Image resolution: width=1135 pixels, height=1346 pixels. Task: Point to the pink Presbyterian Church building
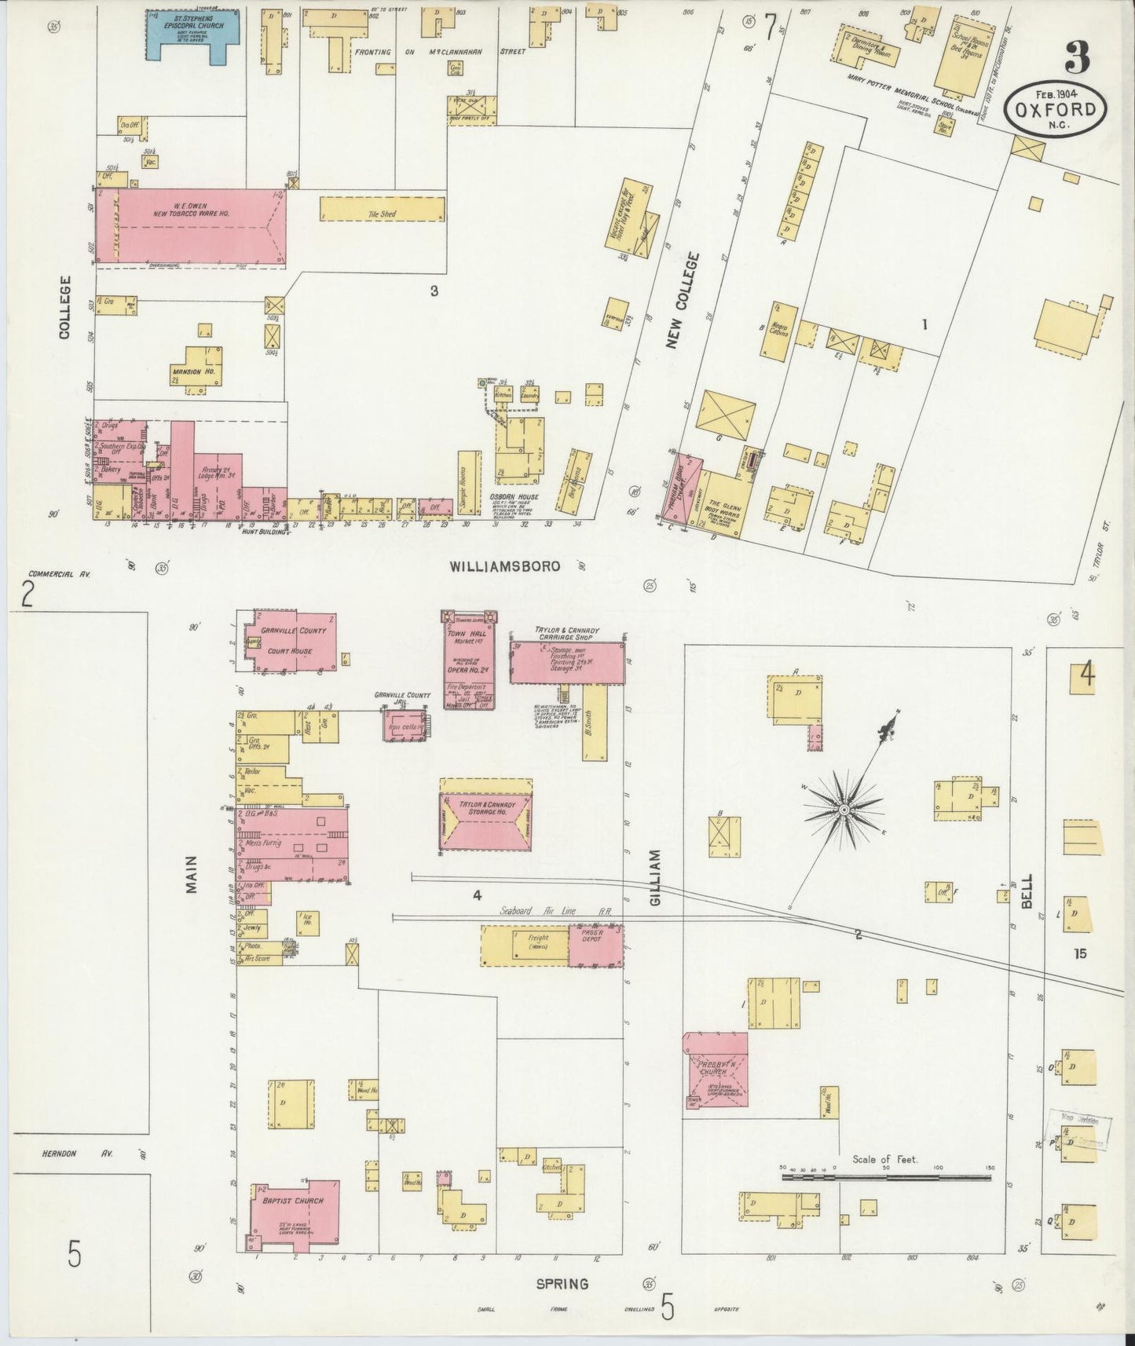tap(716, 1069)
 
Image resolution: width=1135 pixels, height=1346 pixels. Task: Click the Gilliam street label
tap(657, 877)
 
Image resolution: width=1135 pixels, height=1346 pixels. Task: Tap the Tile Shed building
tap(382, 208)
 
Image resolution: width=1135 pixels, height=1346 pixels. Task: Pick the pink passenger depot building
tap(595, 945)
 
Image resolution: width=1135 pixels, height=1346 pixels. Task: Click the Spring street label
tap(562, 1284)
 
